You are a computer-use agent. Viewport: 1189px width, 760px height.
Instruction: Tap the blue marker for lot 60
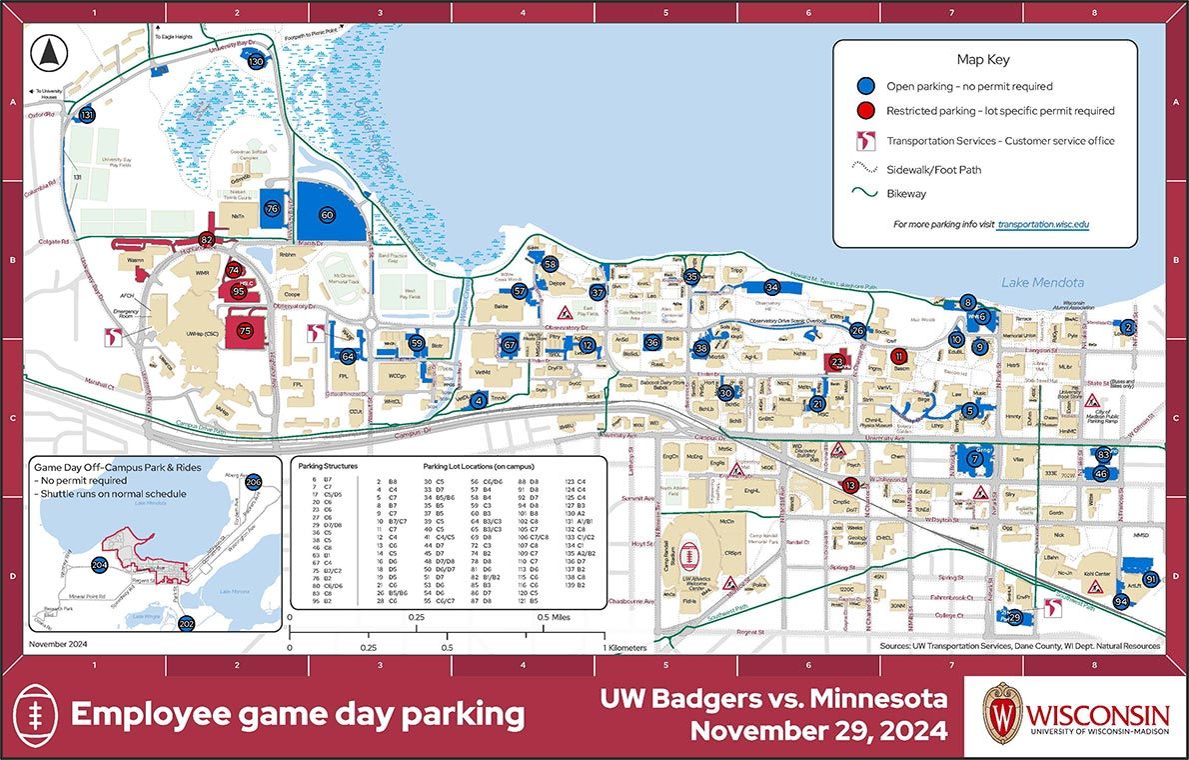327,215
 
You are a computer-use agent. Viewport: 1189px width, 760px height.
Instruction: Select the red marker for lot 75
245,330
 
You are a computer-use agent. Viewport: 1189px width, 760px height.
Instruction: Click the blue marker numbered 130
257,62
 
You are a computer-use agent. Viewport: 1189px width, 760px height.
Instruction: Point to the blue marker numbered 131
88,115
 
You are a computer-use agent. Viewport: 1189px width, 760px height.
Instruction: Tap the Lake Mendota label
1042,283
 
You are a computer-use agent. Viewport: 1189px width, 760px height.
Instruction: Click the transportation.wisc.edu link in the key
1042,225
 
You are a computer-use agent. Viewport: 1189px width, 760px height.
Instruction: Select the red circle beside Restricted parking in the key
865,111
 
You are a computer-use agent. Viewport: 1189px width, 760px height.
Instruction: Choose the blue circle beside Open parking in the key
865,86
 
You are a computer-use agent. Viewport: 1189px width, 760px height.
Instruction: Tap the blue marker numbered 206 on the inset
254,483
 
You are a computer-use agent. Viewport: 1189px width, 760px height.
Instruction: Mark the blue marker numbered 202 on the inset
186,624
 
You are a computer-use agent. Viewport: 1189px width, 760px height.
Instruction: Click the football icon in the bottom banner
37,714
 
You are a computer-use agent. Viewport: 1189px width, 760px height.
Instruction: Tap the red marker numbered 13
850,485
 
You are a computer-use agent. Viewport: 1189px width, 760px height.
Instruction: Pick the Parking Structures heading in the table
329,467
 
